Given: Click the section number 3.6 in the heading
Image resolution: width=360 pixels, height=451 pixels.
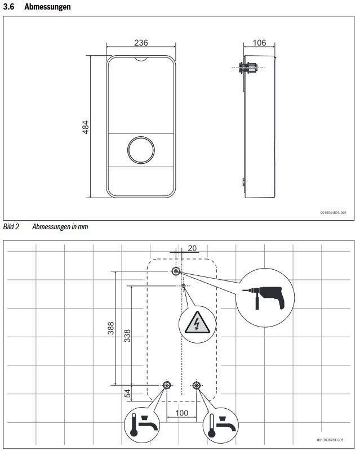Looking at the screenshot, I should coord(10,7).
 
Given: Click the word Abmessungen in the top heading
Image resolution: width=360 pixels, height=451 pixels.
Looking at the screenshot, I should coord(47,7).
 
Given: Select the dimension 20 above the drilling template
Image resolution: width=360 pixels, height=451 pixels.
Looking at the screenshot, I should coord(192,248).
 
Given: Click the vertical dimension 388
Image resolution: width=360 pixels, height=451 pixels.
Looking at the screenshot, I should coord(110,328).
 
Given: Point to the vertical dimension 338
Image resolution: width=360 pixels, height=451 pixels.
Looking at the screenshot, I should coord(127,336).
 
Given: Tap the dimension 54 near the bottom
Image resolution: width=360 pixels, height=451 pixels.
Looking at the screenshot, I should coord(127,394).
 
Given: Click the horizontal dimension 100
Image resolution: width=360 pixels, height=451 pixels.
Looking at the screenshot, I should coord(181,413).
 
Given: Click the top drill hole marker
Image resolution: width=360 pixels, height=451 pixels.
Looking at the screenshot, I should coord(176,272).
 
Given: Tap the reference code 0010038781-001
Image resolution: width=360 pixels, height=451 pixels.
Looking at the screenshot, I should coord(332,440).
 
